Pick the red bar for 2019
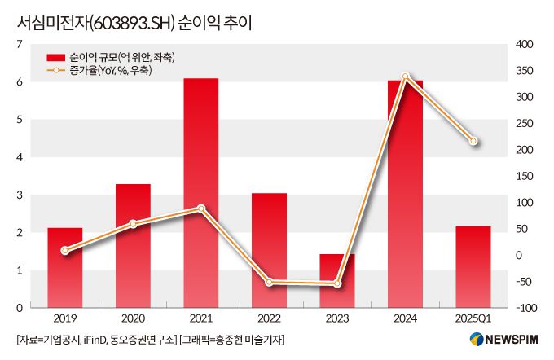(x=64, y=268)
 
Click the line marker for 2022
(x=269, y=282)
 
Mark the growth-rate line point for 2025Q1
(x=473, y=142)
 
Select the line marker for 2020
(x=133, y=223)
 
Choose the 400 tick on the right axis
(x=524, y=44)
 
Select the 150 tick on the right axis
(x=524, y=176)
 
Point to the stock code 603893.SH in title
(x=127, y=22)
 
